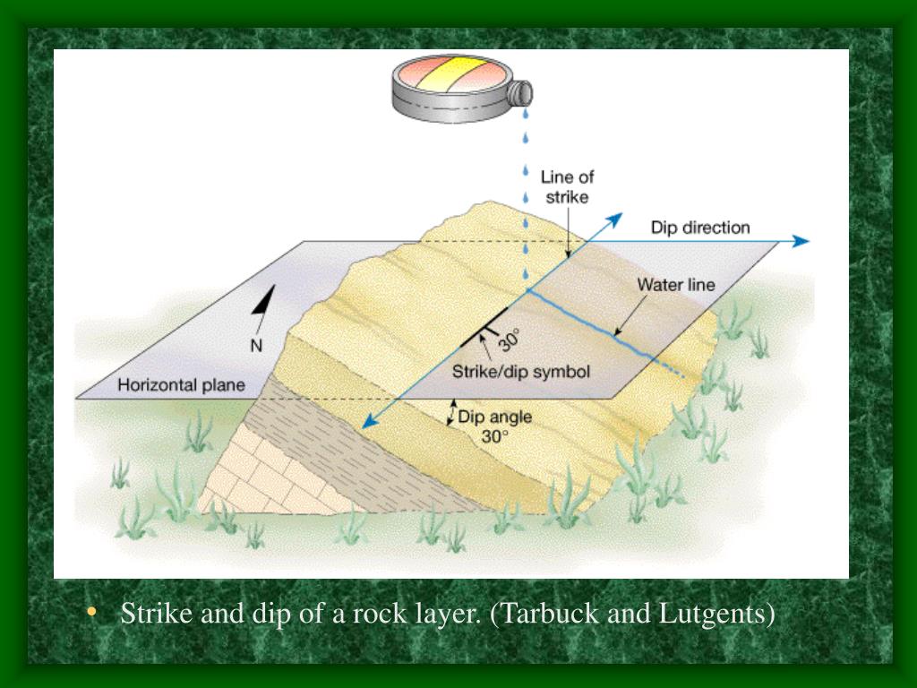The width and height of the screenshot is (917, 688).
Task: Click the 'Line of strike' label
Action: pyautogui.click(x=567, y=186)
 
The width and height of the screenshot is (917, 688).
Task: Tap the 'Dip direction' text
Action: pyautogui.click(x=700, y=228)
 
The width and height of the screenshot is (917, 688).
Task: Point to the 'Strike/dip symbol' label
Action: pyautogui.click(x=520, y=371)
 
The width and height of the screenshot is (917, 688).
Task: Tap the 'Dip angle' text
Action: pyautogui.click(x=494, y=417)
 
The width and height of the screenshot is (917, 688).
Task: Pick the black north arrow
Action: pyautogui.click(x=261, y=310)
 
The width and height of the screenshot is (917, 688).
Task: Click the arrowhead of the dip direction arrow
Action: pyautogui.click(x=801, y=241)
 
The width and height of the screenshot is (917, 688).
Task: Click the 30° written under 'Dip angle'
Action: pyautogui.click(x=494, y=436)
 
